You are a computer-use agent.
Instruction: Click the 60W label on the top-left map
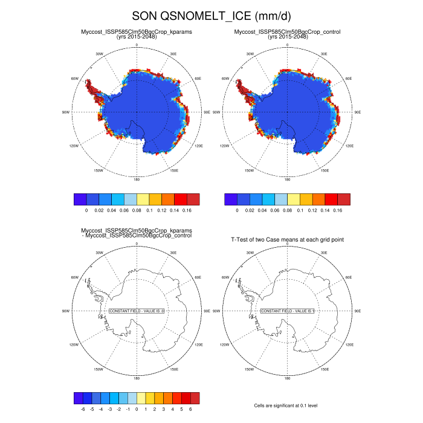tap(76, 79)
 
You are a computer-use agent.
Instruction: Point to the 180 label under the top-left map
tap(137, 179)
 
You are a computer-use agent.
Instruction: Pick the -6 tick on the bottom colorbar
tap(83, 408)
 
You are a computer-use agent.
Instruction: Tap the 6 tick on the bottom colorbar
tap(191, 408)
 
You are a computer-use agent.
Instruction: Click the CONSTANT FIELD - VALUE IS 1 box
tap(288, 311)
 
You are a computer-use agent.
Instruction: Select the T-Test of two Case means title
tap(288, 240)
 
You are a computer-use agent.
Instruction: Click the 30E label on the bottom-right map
tap(325, 253)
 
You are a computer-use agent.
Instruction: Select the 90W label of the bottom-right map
tap(218, 311)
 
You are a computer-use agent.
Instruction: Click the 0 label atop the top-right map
tap(288, 45)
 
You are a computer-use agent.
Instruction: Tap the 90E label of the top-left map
tap(207, 112)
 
